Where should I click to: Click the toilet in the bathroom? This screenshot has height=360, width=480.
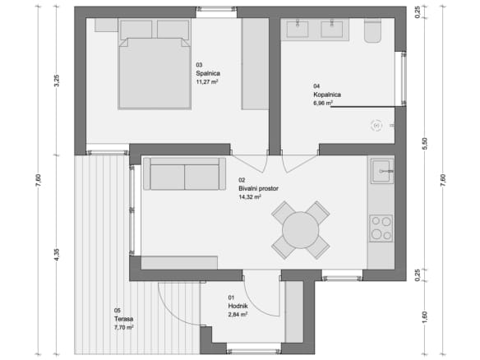click(372, 30)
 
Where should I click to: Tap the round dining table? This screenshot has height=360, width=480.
click(300, 230)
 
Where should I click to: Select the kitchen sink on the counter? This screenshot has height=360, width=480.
click(382, 171)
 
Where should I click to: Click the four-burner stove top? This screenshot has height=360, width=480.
click(381, 228)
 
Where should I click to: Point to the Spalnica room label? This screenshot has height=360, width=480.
click(208, 73)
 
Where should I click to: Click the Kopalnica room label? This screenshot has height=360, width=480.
click(327, 95)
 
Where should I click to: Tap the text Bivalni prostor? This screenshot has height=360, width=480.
click(258, 188)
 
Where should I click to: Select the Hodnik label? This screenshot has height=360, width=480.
click(238, 306)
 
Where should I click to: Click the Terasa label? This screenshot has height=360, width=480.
click(123, 319)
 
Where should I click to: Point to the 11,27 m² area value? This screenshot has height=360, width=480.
click(207, 81)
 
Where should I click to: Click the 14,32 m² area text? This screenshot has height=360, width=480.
click(250, 197)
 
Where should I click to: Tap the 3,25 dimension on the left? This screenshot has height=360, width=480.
click(57, 81)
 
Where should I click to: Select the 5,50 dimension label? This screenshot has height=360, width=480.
click(425, 144)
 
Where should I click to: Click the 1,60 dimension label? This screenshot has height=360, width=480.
click(425, 317)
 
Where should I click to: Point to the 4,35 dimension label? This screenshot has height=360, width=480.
click(57, 255)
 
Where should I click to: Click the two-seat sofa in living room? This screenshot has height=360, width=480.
click(185, 174)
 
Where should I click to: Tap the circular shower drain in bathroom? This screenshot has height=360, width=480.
click(376, 126)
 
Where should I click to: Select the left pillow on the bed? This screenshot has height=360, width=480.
click(136, 30)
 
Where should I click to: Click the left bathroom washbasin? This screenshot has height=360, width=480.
click(298, 30)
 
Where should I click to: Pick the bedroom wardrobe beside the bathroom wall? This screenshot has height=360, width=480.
click(255, 63)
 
